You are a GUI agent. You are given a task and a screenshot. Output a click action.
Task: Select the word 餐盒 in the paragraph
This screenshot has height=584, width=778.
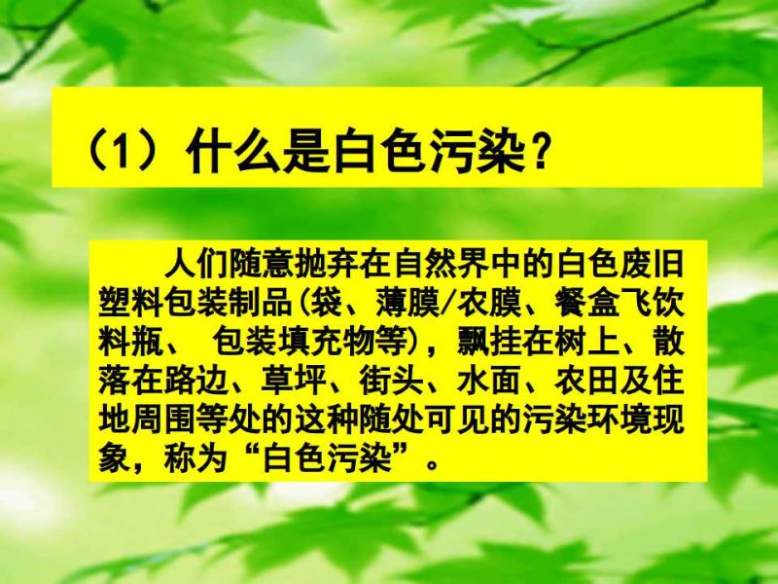pos(586,302)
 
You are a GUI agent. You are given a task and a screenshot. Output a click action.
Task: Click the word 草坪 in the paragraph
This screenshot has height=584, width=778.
pos(294,381)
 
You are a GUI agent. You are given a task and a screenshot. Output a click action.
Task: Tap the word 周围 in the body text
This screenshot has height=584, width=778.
pos(163,420)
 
